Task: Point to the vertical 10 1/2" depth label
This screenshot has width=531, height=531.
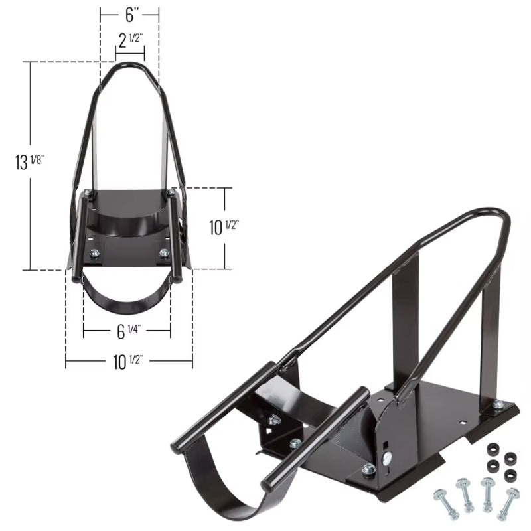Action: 224,227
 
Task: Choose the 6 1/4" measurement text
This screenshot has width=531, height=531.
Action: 127,329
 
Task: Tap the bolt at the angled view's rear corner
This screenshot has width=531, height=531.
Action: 497,404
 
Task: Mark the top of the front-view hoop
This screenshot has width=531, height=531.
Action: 129,65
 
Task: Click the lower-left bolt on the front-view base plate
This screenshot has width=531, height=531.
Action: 94,252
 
